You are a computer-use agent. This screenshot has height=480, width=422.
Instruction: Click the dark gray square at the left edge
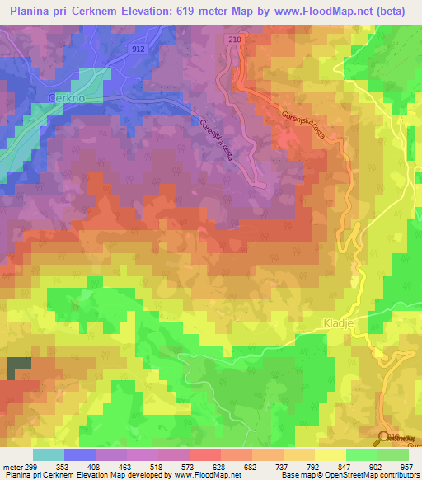(x=17, y=369)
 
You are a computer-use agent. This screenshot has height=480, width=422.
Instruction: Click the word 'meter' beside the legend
(x=15, y=466)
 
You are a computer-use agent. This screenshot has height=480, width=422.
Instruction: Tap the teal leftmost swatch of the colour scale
(x=49, y=454)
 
